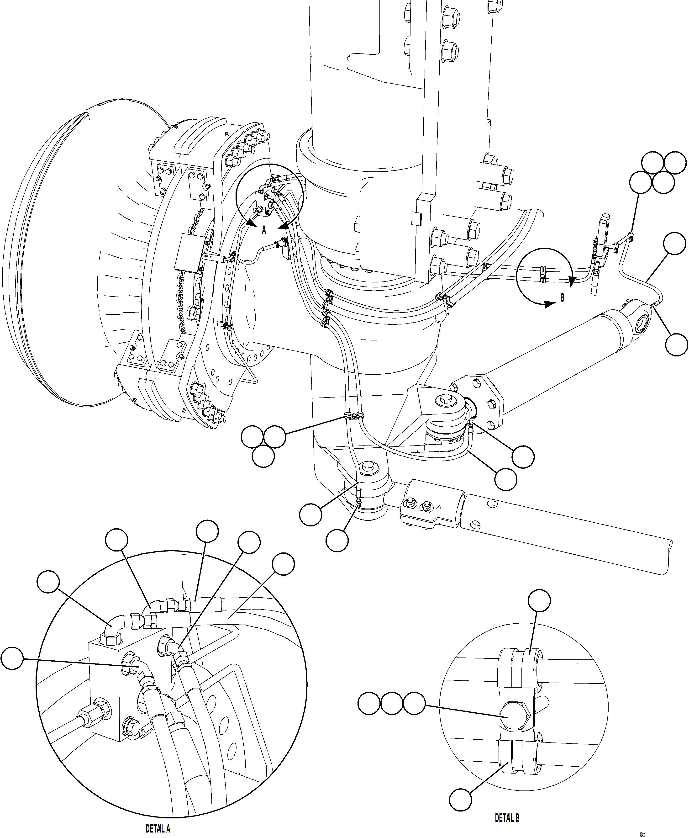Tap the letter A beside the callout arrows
264,230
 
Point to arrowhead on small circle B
572,282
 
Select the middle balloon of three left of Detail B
392,704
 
